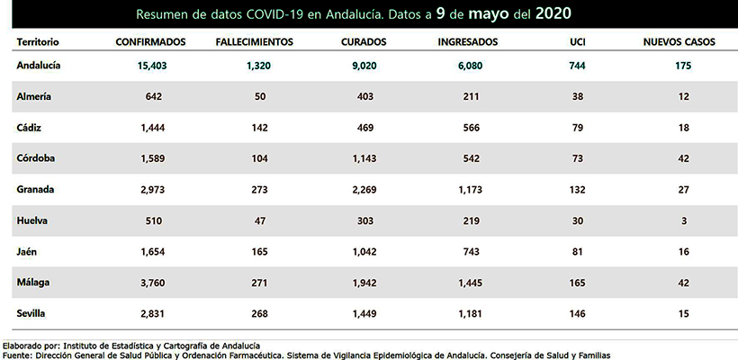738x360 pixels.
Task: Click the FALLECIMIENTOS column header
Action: pyautogui.click(x=255, y=42)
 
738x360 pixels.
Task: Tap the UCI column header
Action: pyautogui.click(x=577, y=42)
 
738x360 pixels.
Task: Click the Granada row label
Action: pyautogui.click(x=37, y=190)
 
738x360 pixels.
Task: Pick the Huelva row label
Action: pyautogui.click(x=34, y=220)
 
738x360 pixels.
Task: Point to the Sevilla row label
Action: pyautogui.click(x=34, y=313)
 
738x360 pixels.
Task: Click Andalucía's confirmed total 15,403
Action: pyautogui.click(x=152, y=66)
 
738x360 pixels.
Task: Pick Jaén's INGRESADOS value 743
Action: pyautogui.click(x=472, y=252)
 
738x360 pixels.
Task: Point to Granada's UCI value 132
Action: pyautogui.click(x=577, y=190)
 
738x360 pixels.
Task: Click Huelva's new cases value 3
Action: pyautogui.click(x=683, y=220)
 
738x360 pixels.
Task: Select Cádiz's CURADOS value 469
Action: pyautogui.click(x=364, y=128)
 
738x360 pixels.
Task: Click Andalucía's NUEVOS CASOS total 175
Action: pyautogui.click(x=683, y=66)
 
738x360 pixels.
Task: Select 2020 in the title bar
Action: pyautogui.click(x=551, y=14)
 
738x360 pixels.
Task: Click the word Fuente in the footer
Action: pyautogui.click(x=17, y=355)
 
